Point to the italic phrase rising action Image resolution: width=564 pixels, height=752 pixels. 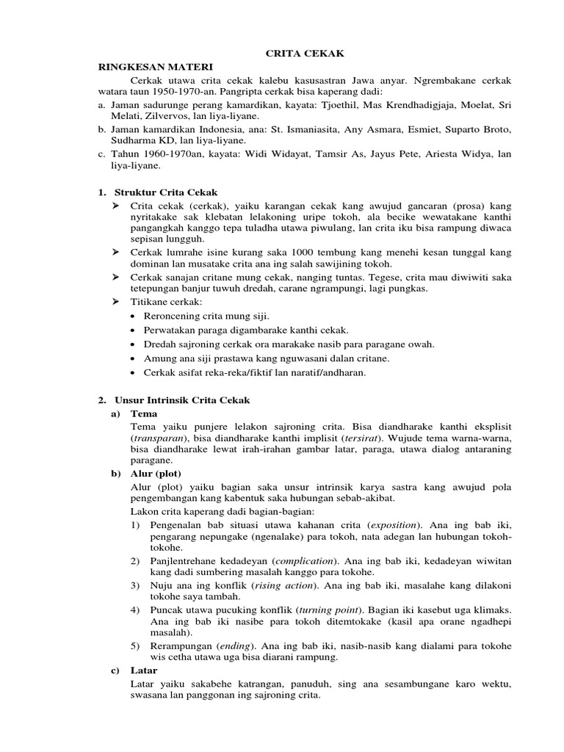[284, 585]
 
